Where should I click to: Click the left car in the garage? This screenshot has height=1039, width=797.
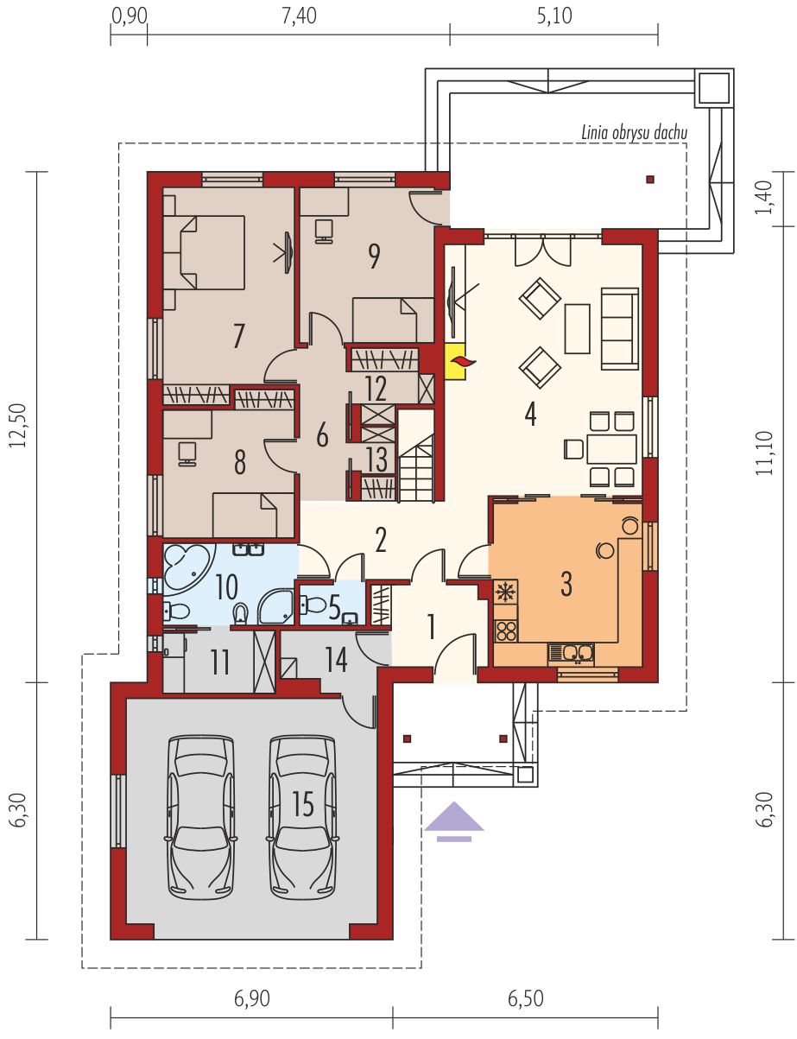pos(201,807)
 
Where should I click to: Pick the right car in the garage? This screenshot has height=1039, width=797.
pos(302,807)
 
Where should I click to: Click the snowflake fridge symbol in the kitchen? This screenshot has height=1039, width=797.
pos(506,592)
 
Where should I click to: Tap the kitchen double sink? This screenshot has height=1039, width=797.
pos(572,653)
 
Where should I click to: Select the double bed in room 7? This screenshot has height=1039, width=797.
pos(204,252)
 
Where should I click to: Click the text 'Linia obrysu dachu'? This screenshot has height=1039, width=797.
pos(634,132)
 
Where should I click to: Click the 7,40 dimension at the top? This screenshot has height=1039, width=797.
pos(299,16)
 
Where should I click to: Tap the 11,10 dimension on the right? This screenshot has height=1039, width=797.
pos(764,453)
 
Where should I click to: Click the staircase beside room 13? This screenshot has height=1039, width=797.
pos(416,454)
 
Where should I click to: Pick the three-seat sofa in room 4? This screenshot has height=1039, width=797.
pos(620,328)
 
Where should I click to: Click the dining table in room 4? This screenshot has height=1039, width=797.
pos(612,449)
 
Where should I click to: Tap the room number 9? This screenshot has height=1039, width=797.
pos(374,257)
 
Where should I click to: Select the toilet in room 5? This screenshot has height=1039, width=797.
pos(312,605)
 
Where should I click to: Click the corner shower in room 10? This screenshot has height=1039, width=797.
pos(275,607)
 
